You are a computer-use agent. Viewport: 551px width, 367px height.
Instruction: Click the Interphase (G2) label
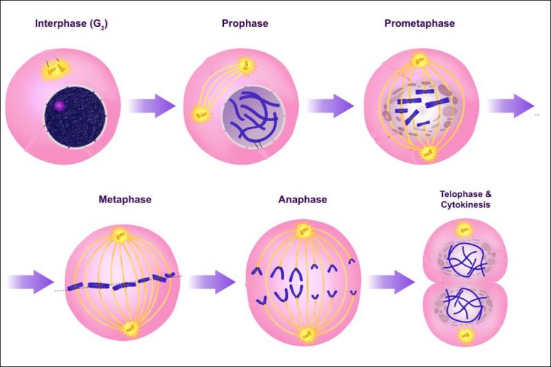72,24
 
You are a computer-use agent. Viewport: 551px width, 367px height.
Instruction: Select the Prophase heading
245,23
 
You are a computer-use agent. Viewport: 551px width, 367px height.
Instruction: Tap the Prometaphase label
419,23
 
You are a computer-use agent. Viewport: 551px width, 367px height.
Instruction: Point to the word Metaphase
125,200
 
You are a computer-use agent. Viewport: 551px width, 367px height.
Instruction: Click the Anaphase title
302,200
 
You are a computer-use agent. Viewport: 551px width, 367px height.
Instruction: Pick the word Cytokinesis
466,205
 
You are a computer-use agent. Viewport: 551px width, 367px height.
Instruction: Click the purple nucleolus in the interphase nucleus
59,105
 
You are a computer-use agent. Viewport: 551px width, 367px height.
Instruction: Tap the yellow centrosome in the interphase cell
54,70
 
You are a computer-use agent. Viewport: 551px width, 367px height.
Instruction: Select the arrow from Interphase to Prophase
152,106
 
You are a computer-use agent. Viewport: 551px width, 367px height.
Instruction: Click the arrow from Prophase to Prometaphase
331,106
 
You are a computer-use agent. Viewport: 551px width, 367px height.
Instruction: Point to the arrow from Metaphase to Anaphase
212,282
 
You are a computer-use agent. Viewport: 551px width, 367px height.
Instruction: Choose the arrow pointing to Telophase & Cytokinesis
391,282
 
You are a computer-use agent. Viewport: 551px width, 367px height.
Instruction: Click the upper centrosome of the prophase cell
247,65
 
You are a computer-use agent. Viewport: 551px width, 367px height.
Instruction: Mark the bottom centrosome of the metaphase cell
131,329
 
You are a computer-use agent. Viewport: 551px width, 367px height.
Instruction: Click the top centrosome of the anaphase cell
303,231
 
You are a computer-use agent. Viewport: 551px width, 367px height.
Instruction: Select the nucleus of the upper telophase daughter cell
465,260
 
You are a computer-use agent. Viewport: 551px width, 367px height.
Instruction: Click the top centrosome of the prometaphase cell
419,60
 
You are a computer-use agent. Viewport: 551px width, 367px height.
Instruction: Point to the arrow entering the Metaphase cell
30,282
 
